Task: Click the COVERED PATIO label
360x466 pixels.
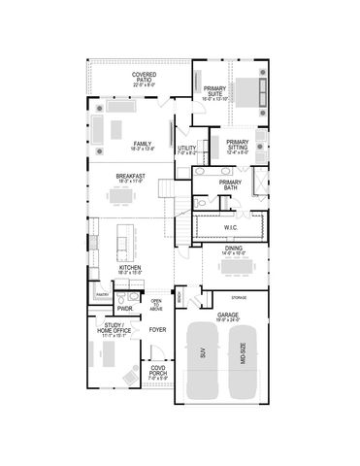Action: coord(144,76)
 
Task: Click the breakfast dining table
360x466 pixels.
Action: coord(120,197)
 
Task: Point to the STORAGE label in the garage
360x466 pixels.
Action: coord(238,297)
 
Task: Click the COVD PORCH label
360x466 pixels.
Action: coord(157,370)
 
